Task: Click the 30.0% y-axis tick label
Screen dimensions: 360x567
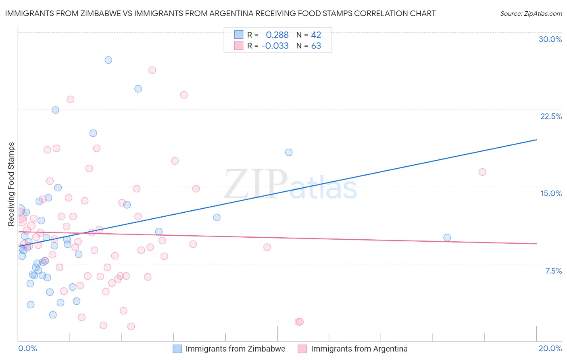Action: coord(550,39)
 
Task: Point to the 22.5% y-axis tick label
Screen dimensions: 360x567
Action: coord(551,116)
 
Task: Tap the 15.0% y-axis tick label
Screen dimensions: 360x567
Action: coord(551,193)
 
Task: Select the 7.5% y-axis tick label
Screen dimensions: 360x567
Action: coord(553,271)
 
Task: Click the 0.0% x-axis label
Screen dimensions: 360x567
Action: coord(27,348)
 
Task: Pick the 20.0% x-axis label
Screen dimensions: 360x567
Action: coord(550,348)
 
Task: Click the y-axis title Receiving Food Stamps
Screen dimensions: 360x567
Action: coord(11,184)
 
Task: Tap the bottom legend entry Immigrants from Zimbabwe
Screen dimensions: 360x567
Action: coord(235,349)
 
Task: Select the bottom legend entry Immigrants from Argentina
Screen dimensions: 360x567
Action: coord(359,349)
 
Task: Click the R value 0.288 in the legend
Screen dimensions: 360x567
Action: coord(277,35)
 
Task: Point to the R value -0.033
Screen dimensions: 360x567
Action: coord(275,46)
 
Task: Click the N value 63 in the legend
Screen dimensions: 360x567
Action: coord(316,46)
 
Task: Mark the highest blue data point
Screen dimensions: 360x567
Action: coord(108,60)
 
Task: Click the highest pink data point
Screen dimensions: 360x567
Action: coord(152,70)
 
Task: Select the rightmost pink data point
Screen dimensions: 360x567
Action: coord(482,172)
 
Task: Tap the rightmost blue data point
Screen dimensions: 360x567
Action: coord(447,238)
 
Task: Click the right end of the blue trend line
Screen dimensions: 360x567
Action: coord(536,140)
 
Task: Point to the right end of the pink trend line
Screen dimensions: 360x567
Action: coord(536,244)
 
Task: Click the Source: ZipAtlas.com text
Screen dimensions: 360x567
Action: coord(531,14)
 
